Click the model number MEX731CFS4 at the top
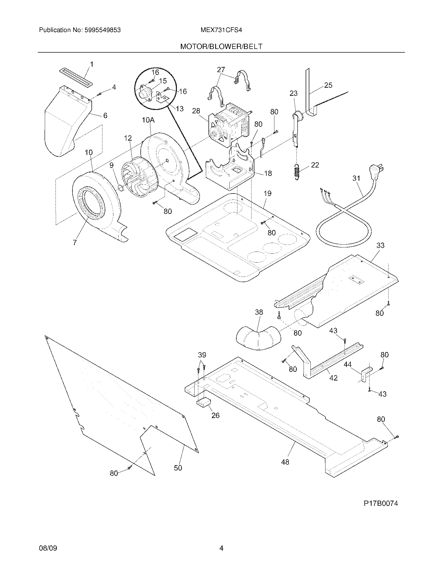click(221, 30)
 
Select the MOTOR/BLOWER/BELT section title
click(221, 46)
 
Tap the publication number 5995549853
click(102, 30)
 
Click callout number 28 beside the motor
click(196, 111)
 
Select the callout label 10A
click(148, 120)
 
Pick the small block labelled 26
click(205, 409)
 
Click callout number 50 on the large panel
click(178, 468)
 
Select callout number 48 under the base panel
click(285, 462)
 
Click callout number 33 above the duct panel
click(380, 245)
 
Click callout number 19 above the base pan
click(267, 194)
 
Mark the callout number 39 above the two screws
click(202, 355)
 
